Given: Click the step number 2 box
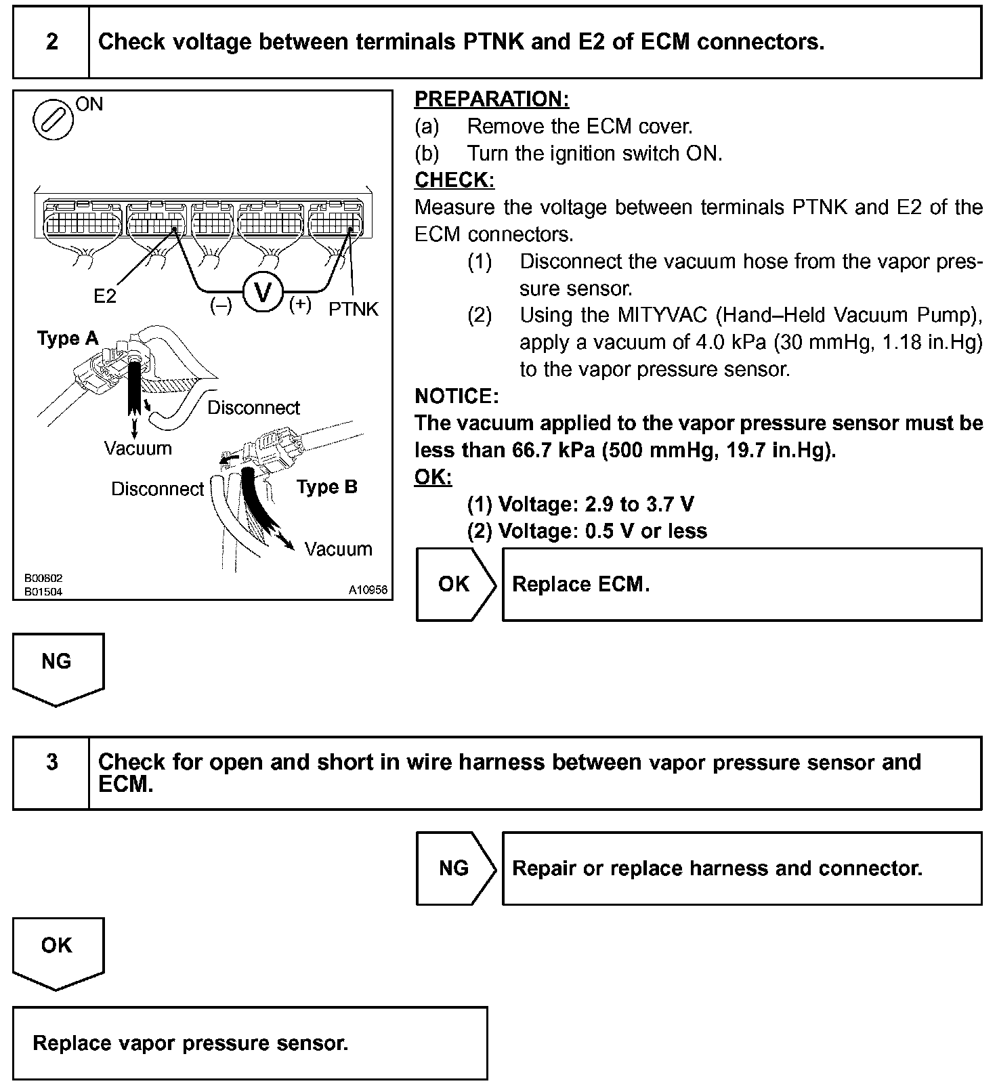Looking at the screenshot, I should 51,42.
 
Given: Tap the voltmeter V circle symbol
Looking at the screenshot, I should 261,293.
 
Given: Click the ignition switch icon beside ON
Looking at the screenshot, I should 53,120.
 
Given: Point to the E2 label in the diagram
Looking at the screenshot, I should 105,297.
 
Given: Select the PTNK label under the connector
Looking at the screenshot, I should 354,310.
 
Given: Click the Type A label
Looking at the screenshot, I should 68,339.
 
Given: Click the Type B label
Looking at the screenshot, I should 327,487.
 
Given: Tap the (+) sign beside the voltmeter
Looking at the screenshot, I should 300,305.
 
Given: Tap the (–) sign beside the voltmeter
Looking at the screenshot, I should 221,306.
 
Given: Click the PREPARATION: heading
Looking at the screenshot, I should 492,100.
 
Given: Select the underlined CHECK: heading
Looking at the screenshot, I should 454,180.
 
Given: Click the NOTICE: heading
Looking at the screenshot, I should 457,396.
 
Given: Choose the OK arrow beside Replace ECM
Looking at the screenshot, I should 455,584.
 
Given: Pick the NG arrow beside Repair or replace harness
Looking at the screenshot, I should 455,868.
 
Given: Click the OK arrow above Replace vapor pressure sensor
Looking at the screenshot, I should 57,950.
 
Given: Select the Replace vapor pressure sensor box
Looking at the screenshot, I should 250,1043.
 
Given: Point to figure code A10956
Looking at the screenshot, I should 368,590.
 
